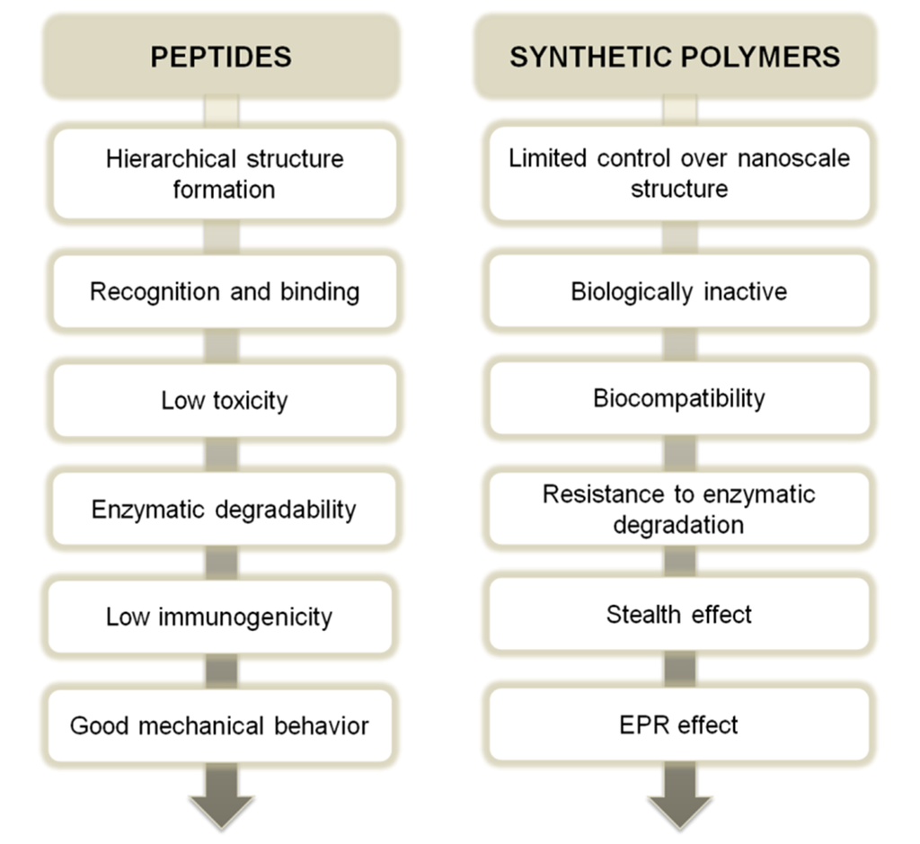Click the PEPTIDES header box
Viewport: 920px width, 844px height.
[221, 58]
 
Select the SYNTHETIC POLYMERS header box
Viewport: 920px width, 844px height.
[675, 58]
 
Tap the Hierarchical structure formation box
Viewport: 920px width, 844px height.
[225, 174]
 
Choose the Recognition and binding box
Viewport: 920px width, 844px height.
[225, 292]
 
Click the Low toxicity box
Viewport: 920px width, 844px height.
[225, 400]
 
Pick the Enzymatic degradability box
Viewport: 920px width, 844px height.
[225, 510]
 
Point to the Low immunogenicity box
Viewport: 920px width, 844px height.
[220, 617]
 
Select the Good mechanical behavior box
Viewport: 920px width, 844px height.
[220, 725]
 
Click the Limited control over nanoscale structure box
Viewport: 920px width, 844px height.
[679, 173]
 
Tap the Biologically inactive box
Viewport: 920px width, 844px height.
[679, 292]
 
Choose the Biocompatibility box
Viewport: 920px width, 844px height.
[679, 398]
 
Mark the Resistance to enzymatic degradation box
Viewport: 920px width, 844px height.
[679, 509]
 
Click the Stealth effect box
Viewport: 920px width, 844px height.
[679, 615]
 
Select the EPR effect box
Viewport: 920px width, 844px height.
[679, 724]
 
